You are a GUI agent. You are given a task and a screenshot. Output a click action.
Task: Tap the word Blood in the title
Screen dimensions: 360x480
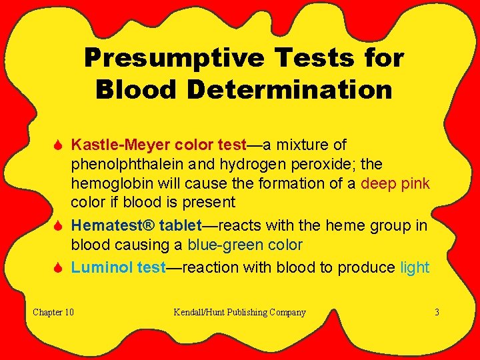131,89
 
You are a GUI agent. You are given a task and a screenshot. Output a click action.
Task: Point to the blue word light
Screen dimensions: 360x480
415,267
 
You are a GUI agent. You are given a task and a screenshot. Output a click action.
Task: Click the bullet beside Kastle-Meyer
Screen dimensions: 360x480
57,145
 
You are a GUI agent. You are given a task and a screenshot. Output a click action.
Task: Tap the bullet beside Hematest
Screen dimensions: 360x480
57,225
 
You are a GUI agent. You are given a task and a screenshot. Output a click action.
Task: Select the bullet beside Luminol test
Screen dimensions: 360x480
57,267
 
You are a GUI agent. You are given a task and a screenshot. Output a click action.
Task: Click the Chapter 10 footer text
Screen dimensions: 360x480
53,312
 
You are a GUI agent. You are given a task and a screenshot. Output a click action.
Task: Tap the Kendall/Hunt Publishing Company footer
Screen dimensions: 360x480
239,312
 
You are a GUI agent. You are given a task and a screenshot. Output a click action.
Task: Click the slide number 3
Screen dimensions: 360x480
437,312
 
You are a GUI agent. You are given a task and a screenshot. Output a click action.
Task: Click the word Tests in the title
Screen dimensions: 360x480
310,58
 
